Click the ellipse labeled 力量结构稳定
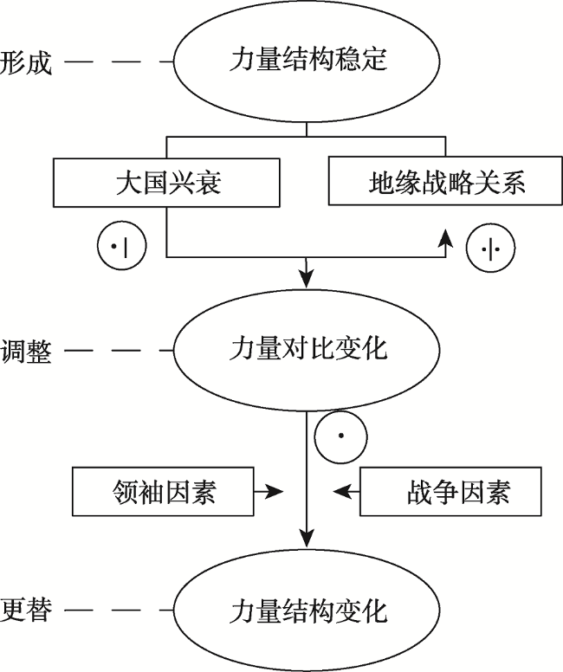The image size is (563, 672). tap(308, 61)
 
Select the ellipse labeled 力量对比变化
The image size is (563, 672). tap(308, 351)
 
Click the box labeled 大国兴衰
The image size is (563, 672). tap(168, 183)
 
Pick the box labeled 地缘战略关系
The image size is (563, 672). tap(446, 183)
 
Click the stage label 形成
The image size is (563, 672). tap(26, 62)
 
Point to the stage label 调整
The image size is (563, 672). tap(26, 352)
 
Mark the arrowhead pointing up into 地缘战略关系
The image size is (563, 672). tap(445, 236)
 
